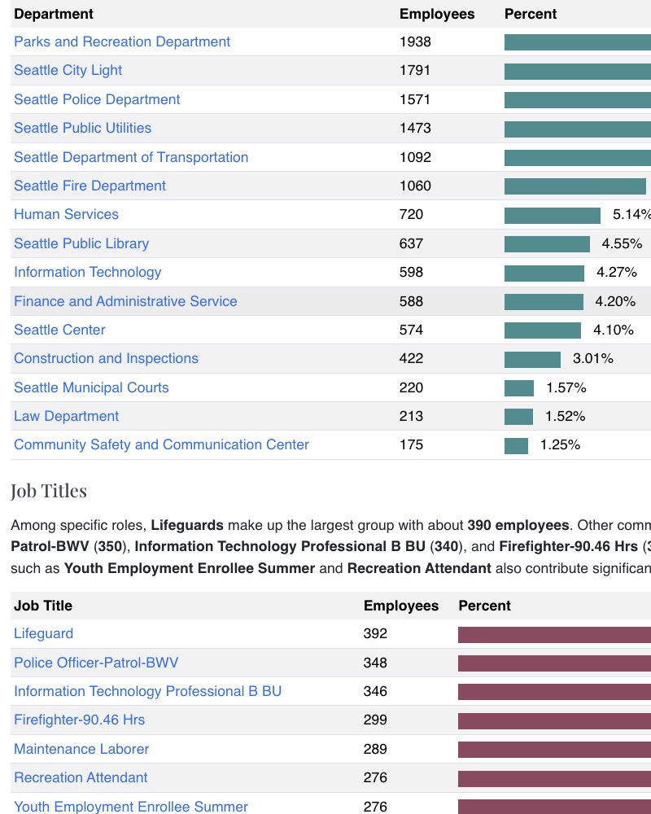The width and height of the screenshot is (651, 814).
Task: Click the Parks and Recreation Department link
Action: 122,42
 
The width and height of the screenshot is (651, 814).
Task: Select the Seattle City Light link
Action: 68,70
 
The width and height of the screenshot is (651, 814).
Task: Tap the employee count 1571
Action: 415,99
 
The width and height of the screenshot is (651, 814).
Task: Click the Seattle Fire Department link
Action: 90,186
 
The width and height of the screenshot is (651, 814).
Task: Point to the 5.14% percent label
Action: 631,215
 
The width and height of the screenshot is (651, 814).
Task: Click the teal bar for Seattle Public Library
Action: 547,243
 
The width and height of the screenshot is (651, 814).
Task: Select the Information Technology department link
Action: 87,272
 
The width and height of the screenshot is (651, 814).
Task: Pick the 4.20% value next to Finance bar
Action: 615,301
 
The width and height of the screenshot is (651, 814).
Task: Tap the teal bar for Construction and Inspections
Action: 532,359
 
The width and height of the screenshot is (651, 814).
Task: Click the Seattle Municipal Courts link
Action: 91,387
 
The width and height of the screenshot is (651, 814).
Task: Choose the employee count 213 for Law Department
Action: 411,416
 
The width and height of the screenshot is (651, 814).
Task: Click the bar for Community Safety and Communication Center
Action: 516,445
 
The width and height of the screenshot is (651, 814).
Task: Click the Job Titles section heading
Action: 49,491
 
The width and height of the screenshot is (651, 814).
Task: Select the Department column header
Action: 54,14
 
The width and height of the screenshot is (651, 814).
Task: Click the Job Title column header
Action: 43,606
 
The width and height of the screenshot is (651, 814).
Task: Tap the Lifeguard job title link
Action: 43,633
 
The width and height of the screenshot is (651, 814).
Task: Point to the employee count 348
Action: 375,663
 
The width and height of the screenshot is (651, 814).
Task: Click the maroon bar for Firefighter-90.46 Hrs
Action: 553,720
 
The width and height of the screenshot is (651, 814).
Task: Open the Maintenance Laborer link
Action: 81,749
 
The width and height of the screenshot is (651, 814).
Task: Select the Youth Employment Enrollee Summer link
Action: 130,807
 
